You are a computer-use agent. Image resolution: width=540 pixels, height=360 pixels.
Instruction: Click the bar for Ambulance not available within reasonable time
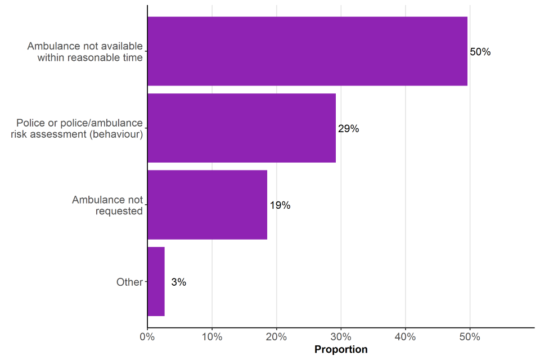point(307,51)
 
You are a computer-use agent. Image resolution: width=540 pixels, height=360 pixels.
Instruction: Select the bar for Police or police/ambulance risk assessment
point(241,128)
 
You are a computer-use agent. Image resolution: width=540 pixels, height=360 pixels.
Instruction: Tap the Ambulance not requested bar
point(207,205)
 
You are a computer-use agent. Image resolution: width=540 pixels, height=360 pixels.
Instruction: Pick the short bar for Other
point(156,281)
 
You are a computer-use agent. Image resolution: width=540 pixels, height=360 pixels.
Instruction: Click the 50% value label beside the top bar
point(480,52)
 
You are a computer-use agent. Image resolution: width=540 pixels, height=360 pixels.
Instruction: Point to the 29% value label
point(348,129)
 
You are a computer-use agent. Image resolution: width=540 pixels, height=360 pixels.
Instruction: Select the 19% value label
point(280,205)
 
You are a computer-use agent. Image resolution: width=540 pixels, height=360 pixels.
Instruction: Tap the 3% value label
point(178,282)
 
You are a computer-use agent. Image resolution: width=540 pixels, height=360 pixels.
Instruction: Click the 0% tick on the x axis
point(147,337)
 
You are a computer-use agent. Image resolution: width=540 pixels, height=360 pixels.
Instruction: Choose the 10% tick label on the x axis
point(212,337)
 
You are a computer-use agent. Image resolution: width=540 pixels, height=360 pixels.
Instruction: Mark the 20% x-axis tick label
point(276,337)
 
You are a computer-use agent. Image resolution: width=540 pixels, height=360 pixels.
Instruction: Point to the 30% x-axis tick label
point(341,337)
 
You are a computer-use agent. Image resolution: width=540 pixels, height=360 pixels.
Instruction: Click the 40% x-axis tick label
point(406,337)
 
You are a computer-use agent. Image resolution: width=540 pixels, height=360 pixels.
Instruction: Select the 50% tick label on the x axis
point(470,337)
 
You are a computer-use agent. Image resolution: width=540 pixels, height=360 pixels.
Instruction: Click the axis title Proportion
point(341,350)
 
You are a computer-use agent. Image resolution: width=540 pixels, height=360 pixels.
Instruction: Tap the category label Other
point(129,282)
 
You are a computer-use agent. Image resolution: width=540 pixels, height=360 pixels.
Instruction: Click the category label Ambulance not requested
point(107,205)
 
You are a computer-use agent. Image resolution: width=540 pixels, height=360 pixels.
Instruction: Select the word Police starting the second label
point(31,123)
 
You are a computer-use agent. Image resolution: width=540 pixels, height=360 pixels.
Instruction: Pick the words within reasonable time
point(90,57)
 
